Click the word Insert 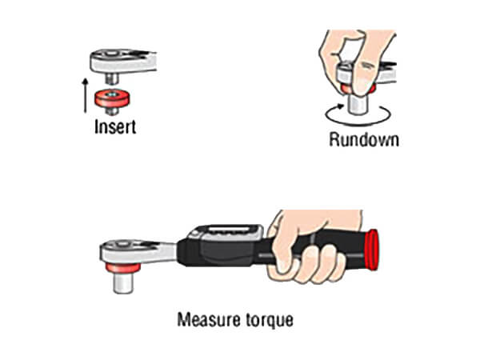click(x=115, y=126)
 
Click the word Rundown click(x=364, y=139)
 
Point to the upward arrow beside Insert click(x=86, y=95)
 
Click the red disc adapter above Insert click(x=112, y=98)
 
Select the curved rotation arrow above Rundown click(x=358, y=116)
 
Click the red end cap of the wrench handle click(x=372, y=250)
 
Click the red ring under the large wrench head click(x=123, y=268)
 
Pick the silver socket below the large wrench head click(x=123, y=283)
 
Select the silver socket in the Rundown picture click(x=358, y=105)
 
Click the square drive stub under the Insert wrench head click(x=112, y=78)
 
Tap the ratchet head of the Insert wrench click(x=123, y=62)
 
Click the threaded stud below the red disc click(x=112, y=110)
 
